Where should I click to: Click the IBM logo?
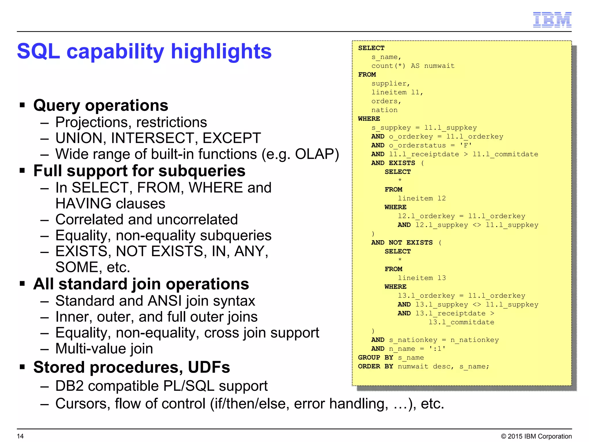pos(552,20)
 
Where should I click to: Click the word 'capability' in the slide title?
pos(115,52)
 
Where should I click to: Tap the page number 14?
pos(20,436)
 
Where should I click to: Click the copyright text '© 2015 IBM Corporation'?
pos(536,436)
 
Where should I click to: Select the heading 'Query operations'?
pos(101,105)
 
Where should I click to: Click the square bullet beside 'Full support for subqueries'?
pos(22,171)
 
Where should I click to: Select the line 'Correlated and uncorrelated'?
pos(146,220)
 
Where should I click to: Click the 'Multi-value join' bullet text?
pos(104,349)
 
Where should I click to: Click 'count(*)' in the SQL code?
pos(388,66)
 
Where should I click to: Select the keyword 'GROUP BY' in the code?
pos(375,358)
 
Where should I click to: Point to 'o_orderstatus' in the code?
pos(417,146)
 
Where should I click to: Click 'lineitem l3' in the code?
pos(422,278)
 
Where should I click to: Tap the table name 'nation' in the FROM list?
pos(384,110)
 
